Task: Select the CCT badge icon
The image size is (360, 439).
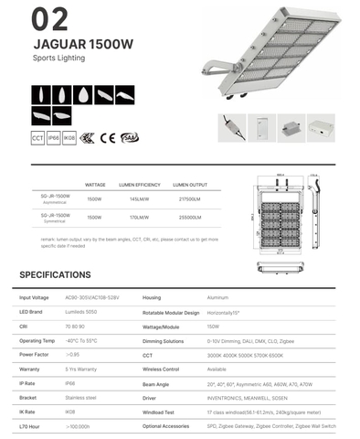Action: coord(38,138)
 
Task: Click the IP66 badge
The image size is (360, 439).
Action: coord(54,138)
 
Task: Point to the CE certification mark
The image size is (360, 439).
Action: coord(106,138)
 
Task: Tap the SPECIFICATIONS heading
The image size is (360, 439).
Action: coord(55,274)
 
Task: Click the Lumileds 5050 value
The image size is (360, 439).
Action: coord(80,312)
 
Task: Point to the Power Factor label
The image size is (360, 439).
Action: coord(34,353)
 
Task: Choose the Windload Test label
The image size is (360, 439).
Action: coord(161,412)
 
